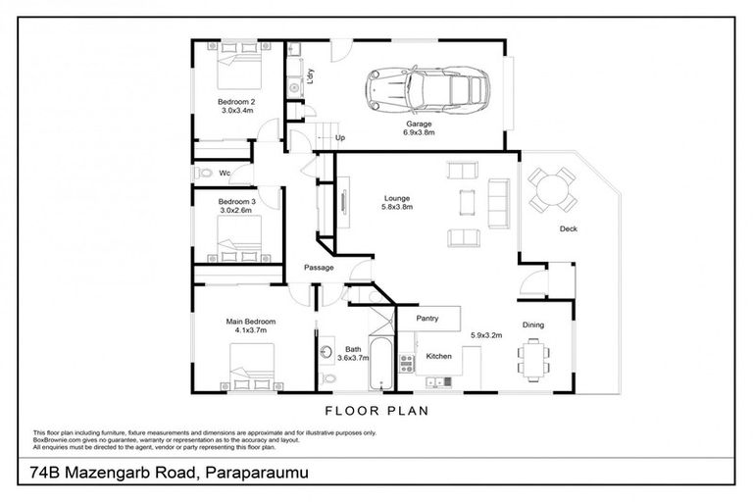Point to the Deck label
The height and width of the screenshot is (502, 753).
(568, 229)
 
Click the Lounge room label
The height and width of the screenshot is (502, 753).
(396, 198)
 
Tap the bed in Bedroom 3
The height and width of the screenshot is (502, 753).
(241, 236)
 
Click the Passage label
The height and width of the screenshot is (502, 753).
(319, 268)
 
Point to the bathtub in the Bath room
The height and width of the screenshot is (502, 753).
(378, 360)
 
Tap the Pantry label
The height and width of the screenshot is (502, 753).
(427, 319)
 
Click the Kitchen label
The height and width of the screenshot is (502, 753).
(438, 356)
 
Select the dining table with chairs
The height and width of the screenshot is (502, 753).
(532, 360)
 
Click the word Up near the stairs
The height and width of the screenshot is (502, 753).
(340, 138)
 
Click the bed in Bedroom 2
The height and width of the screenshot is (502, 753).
(236, 71)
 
